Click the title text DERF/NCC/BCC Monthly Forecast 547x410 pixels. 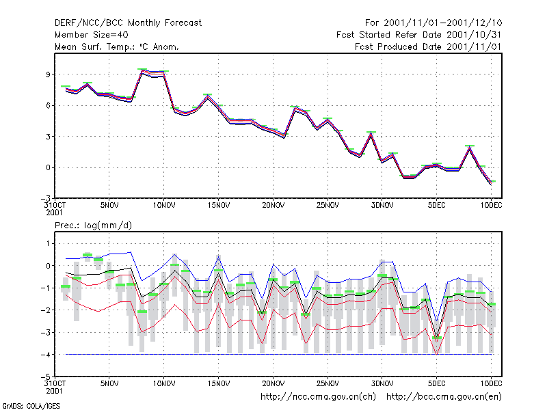[x=128, y=23]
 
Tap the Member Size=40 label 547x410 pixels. [x=92, y=35]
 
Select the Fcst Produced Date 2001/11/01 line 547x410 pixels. [x=428, y=46]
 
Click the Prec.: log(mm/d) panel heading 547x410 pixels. [x=93, y=225]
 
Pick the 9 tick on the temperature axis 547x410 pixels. [x=48, y=74]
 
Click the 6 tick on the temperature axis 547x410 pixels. [x=48, y=105]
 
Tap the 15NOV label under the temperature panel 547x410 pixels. [x=219, y=205]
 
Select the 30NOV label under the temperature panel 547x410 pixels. [x=382, y=205]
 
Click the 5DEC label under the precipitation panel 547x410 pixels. [x=436, y=383]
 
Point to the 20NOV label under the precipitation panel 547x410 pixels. [x=273, y=383]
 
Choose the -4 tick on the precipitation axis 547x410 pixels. [x=46, y=355]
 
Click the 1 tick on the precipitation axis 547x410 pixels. [x=48, y=243]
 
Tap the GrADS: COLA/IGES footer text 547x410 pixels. [x=31, y=406]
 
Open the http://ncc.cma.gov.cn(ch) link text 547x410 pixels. [x=318, y=396]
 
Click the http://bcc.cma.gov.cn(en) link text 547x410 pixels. [x=444, y=396]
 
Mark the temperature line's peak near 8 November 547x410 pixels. [x=142, y=72]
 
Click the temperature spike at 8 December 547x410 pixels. [x=470, y=148]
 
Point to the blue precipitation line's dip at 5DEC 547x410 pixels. [x=436, y=320]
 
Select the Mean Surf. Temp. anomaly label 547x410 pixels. [x=116, y=46]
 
